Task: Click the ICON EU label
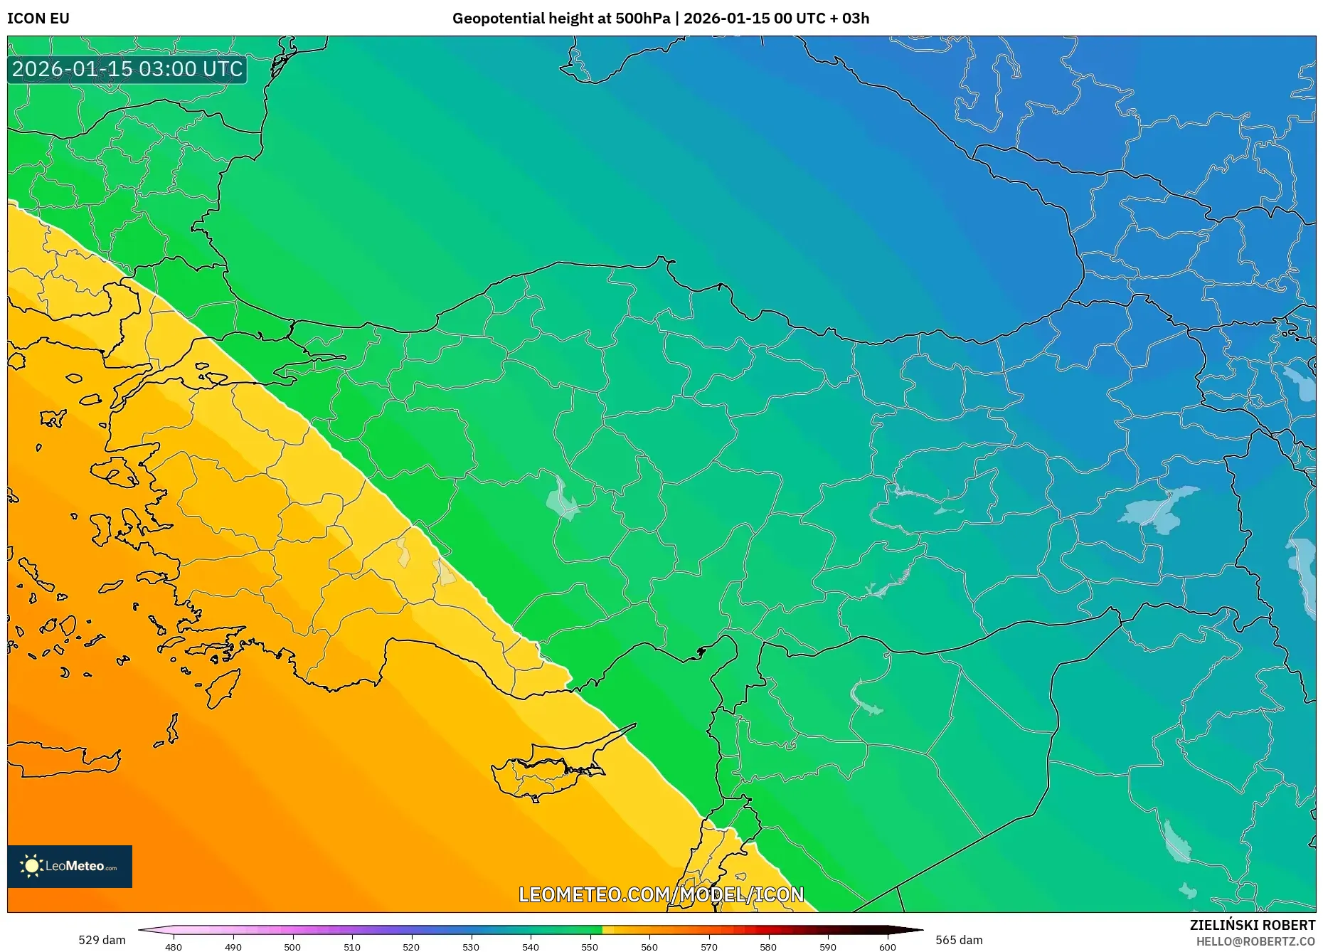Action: point(38,18)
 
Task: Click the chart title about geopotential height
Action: point(660,18)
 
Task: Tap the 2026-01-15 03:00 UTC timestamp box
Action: point(127,69)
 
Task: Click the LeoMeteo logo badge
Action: point(70,866)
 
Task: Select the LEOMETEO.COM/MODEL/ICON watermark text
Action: point(661,894)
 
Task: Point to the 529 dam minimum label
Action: point(102,940)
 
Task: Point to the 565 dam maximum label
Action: point(959,940)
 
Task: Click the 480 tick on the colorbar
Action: point(174,946)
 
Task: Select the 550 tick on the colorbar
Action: point(590,946)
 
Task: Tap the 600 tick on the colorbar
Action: point(887,946)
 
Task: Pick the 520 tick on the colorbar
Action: point(411,946)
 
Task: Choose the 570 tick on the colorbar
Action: point(708,946)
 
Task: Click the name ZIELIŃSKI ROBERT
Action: point(1252,925)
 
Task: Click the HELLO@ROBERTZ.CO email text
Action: point(1255,941)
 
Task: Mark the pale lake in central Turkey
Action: point(562,498)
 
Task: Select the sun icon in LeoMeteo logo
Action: point(32,866)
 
